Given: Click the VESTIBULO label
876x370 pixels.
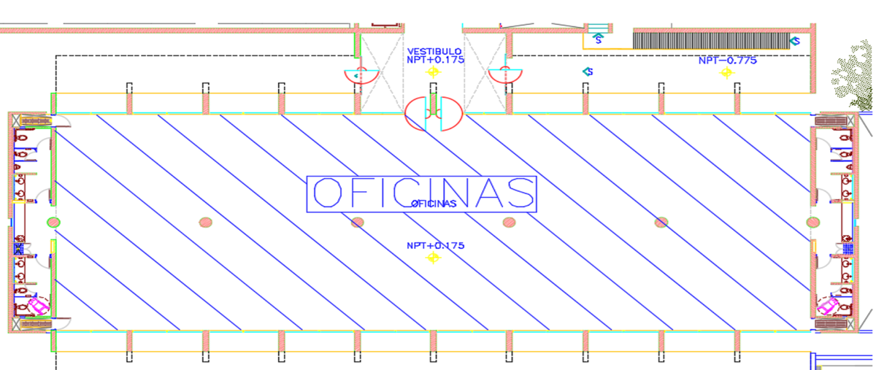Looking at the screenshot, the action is (x=434, y=51).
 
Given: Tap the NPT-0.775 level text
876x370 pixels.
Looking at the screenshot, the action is (x=727, y=61).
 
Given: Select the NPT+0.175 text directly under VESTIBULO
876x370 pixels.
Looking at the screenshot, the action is (x=435, y=60).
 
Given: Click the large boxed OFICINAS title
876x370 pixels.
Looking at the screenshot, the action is (x=422, y=194).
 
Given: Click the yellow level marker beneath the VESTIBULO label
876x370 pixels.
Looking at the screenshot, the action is (x=433, y=72).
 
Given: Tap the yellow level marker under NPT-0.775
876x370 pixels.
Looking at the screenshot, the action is (x=726, y=73).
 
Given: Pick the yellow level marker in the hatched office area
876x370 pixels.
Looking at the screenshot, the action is (x=433, y=258).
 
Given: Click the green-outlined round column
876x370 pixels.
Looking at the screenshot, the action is (x=53, y=223).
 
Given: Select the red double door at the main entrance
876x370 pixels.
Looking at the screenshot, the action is (x=434, y=113).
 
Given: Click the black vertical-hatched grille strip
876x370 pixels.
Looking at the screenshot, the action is (x=711, y=41).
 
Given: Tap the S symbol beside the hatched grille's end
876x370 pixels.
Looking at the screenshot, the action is (x=795, y=41).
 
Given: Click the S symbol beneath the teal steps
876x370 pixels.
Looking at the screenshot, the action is (x=598, y=39).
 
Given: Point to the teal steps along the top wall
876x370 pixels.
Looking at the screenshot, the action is (x=599, y=28).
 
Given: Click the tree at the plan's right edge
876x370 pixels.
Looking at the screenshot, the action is (x=855, y=74).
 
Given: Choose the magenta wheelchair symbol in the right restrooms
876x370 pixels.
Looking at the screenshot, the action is (x=826, y=306).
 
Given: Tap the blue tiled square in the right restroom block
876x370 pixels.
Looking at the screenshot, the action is (x=848, y=249).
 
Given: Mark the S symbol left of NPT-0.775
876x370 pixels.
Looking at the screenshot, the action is (x=588, y=72).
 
